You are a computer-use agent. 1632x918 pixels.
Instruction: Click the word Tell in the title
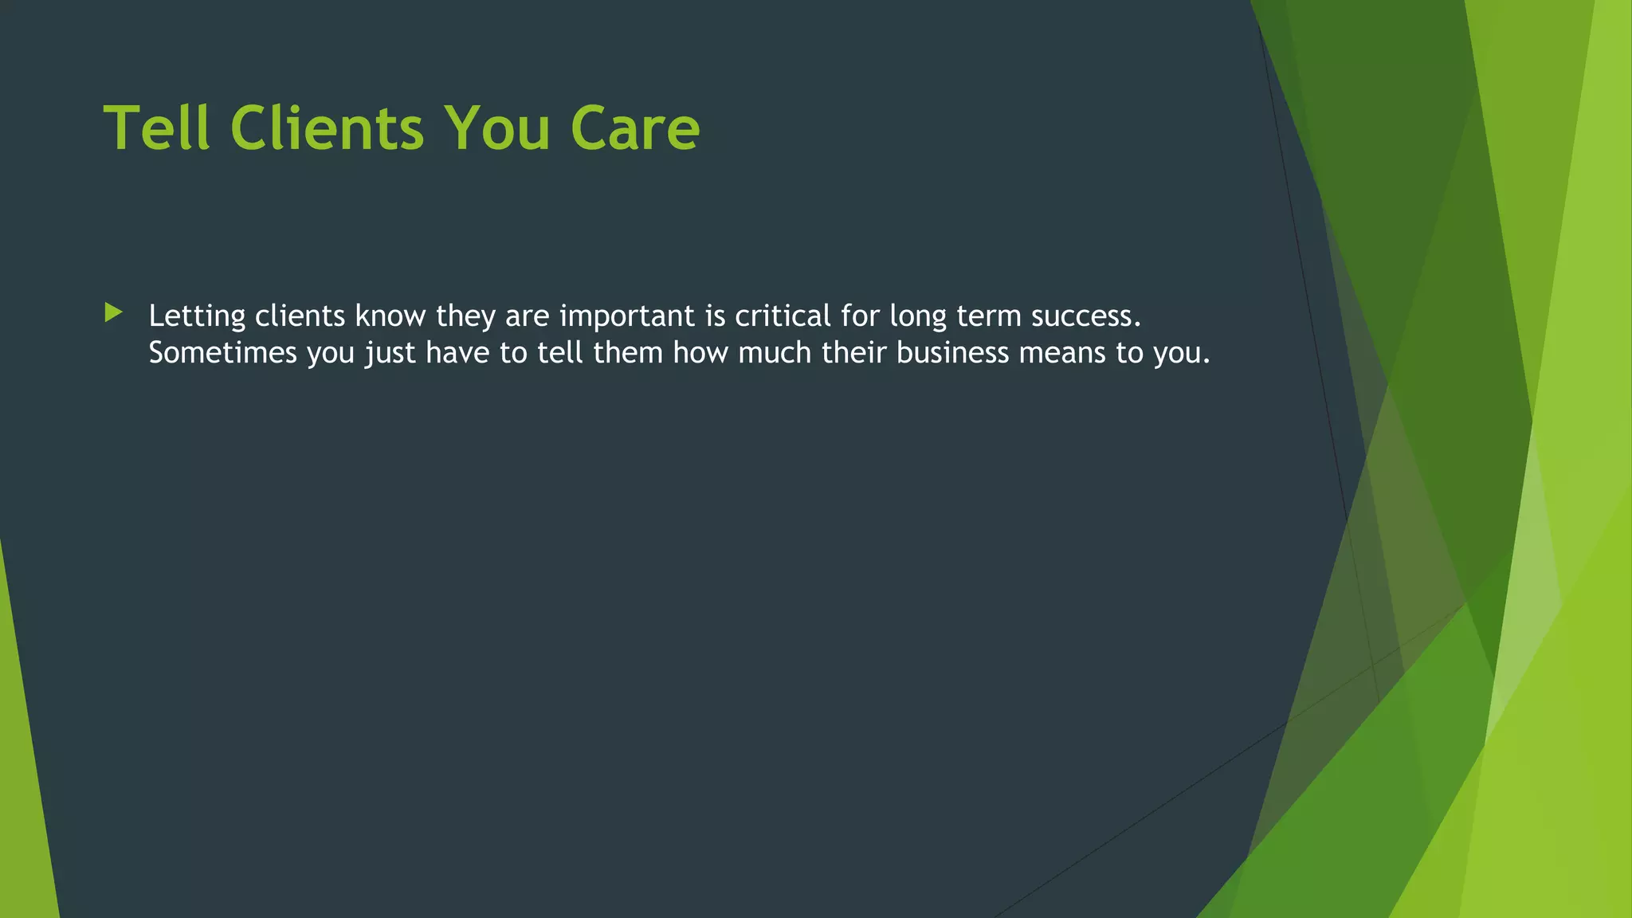(156, 127)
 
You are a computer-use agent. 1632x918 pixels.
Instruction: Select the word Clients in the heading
(327, 127)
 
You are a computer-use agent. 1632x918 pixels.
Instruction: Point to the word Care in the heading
(635, 127)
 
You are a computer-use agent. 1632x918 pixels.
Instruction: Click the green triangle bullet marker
(113, 312)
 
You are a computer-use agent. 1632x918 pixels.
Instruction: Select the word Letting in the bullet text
(197, 316)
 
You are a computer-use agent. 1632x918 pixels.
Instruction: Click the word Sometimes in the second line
(222, 352)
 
